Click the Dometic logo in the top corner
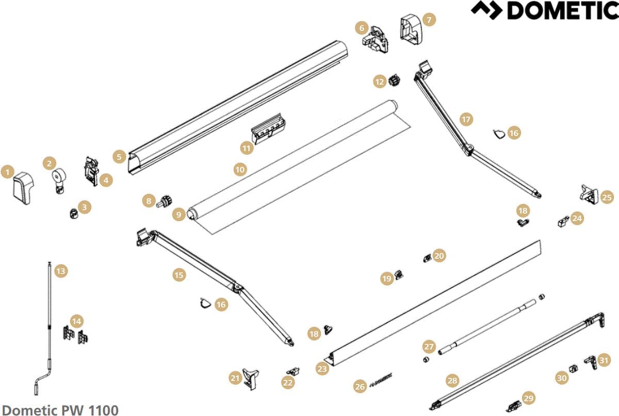[544, 10]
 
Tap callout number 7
[429, 20]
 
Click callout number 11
[247, 148]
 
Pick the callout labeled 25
[607, 197]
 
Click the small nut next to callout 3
[73, 214]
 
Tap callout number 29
[529, 398]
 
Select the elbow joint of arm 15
[237, 287]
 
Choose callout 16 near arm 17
[514, 133]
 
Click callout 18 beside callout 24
[523, 211]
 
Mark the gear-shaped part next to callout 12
[395, 80]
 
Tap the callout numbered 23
[322, 369]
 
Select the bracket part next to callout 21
[251, 379]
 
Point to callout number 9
[179, 214]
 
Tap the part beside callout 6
[376, 40]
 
